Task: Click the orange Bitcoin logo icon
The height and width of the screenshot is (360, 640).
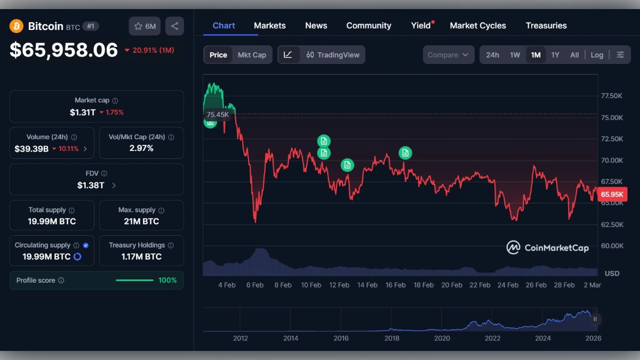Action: pyautogui.click(x=17, y=26)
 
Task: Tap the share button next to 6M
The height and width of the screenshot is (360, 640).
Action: pyautogui.click(x=174, y=26)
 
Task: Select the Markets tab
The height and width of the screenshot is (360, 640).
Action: pyautogui.click(x=269, y=26)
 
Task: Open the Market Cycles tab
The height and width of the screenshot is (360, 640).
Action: pyautogui.click(x=478, y=26)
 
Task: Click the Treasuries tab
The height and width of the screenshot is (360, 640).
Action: pyautogui.click(x=546, y=26)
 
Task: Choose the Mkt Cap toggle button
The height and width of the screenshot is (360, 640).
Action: pyautogui.click(x=252, y=55)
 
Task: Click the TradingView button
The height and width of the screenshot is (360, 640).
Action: pyautogui.click(x=333, y=55)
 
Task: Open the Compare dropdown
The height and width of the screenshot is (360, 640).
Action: pyautogui.click(x=448, y=55)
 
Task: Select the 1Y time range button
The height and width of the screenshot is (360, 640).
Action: pyautogui.click(x=555, y=55)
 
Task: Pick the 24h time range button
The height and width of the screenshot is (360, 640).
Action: pyautogui.click(x=492, y=55)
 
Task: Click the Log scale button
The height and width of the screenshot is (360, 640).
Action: pyautogui.click(x=597, y=55)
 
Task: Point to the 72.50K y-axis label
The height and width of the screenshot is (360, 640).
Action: pyautogui.click(x=612, y=139)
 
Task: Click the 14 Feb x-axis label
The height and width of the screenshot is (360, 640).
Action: pyautogui.click(x=367, y=285)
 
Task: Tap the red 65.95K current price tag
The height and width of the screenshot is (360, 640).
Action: pyautogui.click(x=612, y=194)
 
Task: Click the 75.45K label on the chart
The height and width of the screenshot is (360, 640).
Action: pyautogui.click(x=218, y=114)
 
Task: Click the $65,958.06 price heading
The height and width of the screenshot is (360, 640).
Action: pyautogui.click(x=63, y=50)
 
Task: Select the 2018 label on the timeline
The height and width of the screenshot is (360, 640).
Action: pyautogui.click(x=392, y=338)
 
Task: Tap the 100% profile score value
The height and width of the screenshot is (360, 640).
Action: pyautogui.click(x=167, y=281)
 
